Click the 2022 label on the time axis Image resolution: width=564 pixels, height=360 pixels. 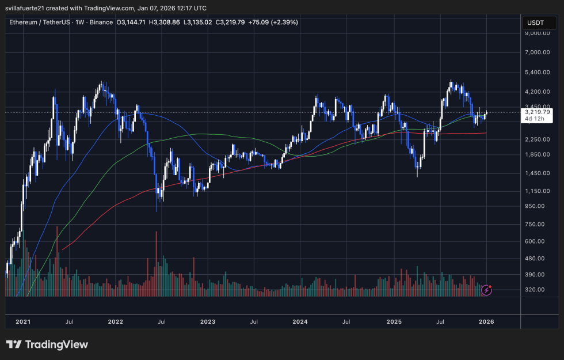pos(116,321)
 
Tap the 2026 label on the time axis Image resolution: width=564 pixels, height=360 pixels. pos(485,321)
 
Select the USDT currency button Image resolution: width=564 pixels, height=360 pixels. pos(535,22)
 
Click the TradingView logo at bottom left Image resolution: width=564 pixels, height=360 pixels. pos(47,344)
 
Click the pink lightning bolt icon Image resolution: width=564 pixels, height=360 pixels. pos(487,290)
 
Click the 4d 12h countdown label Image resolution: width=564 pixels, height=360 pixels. pos(533,119)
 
